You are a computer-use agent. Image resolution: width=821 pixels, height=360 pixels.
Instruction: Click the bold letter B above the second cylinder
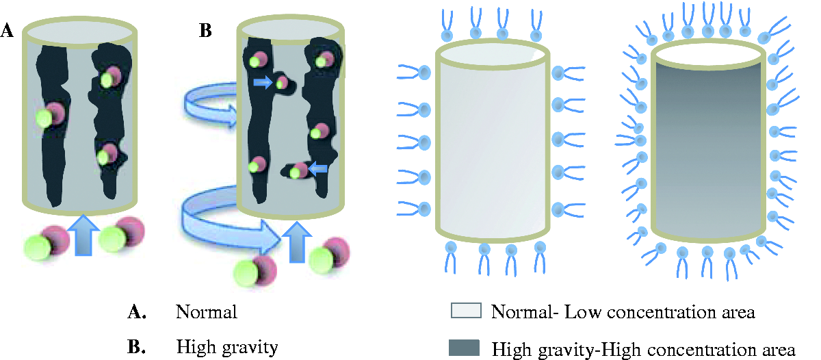[x=205, y=31]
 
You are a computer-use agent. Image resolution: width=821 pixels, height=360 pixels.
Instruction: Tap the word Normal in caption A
[x=206, y=313]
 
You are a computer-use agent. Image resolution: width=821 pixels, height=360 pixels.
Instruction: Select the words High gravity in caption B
[x=226, y=347]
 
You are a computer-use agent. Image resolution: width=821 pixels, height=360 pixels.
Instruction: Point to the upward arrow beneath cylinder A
[x=81, y=234]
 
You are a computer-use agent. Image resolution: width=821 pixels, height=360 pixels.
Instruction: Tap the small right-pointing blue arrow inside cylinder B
[x=262, y=83]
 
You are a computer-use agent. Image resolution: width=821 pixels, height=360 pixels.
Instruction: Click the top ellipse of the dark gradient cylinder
[x=708, y=54]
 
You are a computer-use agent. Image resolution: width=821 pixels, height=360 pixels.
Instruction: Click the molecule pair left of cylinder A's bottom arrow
[x=45, y=240]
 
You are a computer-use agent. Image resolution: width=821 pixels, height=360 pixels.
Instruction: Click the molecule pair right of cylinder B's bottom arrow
[x=328, y=255]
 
